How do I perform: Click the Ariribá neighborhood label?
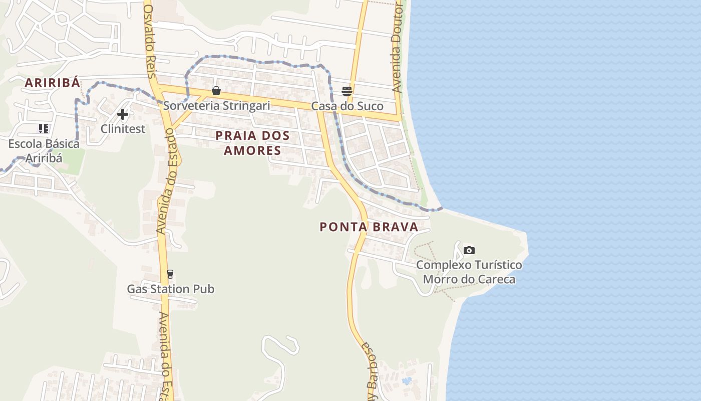tap(53, 83)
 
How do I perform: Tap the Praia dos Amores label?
tap(252, 143)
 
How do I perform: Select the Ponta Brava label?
tap(369, 227)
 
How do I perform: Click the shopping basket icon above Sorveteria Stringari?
tap(216, 91)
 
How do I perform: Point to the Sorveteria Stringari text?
tap(216, 106)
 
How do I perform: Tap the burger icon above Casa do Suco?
tap(347, 91)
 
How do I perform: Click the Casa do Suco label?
tap(347, 106)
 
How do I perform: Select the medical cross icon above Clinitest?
tap(123, 114)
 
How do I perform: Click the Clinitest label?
tap(123, 129)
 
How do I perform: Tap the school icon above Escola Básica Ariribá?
tap(44, 129)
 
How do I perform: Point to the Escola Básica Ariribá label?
tap(44, 151)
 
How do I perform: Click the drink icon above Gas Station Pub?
tap(170, 274)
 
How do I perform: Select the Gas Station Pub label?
tap(170, 289)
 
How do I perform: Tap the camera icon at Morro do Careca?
tap(469, 250)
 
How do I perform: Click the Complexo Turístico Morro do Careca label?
tap(469, 272)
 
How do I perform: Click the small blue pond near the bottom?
tap(407, 381)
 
